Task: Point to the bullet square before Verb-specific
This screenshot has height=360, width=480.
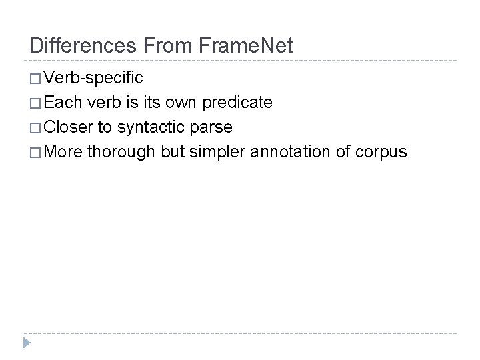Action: coord(36,79)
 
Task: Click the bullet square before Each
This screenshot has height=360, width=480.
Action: coord(36,103)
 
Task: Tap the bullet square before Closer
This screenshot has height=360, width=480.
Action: coord(36,127)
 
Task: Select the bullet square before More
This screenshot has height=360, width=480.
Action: coord(36,152)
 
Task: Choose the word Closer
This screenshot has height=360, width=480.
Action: coord(71,127)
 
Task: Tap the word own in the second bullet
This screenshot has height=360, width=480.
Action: coord(177,103)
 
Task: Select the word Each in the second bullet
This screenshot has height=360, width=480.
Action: coord(63,103)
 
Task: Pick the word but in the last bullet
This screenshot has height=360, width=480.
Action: coord(172,152)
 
